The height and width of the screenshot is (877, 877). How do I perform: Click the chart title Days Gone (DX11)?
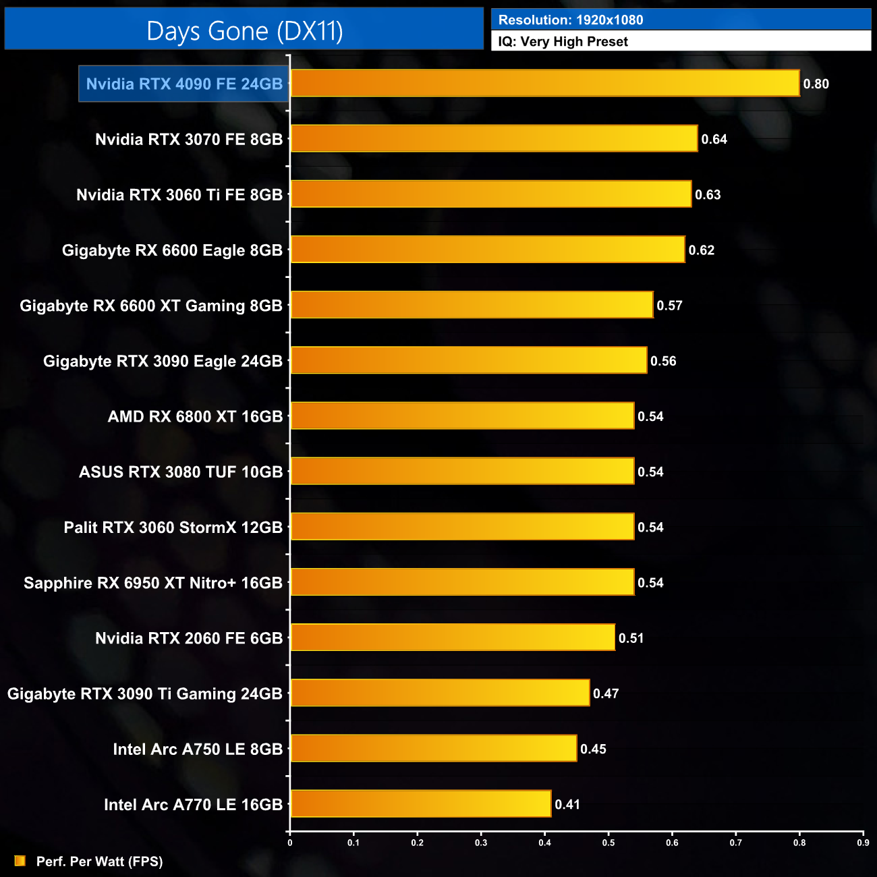tap(244, 31)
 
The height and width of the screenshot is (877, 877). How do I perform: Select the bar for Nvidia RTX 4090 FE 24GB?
tap(544, 84)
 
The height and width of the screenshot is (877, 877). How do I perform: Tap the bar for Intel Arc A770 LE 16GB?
tap(420, 804)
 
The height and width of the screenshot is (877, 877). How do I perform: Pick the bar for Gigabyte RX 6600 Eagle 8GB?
tap(487, 250)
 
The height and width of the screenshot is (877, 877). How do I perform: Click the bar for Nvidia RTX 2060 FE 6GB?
tap(452, 638)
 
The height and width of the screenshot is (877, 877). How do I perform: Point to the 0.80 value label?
tap(816, 84)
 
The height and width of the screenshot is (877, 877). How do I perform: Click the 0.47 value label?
tap(606, 694)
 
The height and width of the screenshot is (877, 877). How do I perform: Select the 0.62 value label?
tap(701, 250)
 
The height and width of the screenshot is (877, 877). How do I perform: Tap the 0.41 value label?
tap(567, 804)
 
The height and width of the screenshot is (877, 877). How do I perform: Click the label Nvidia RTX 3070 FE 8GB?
tap(189, 140)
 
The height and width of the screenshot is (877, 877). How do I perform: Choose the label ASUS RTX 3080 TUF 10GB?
tap(181, 472)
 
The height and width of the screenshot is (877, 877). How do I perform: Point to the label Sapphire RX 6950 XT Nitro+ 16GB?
tap(153, 583)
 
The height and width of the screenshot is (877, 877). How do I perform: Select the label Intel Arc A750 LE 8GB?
tap(198, 749)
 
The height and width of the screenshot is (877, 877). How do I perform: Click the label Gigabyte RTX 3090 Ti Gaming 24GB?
tap(145, 694)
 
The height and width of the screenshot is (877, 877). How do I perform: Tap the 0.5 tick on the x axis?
tap(609, 843)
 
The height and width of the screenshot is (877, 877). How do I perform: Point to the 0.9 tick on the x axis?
tap(863, 843)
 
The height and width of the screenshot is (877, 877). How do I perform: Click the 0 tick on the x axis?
tap(290, 843)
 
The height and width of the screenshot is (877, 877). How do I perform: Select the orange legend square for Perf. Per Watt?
tap(20, 861)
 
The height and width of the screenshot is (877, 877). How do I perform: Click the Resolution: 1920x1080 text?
tap(571, 20)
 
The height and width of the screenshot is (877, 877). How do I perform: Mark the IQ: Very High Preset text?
tap(563, 42)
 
